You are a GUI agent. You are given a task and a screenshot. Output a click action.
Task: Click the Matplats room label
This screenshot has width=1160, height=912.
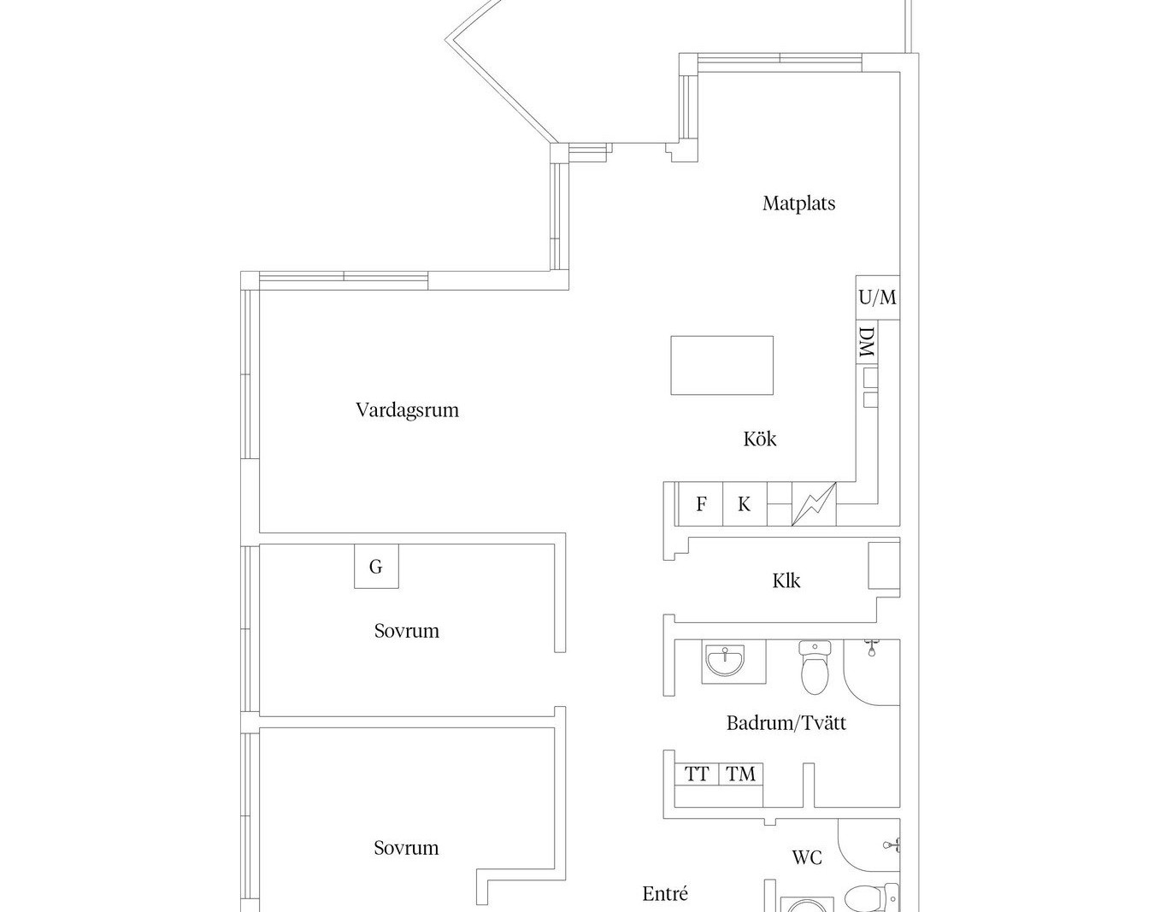tap(798, 203)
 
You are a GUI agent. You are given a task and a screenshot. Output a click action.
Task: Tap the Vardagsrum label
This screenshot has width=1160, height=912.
tap(407, 410)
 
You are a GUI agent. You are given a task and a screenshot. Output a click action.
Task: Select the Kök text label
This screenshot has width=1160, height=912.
tap(759, 439)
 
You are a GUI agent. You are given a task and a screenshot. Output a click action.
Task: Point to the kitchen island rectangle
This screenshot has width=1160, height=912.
tap(721, 365)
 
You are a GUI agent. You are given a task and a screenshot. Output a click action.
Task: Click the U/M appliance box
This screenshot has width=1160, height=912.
tap(877, 297)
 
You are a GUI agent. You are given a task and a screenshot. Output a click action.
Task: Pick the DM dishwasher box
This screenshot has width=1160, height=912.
tap(866, 343)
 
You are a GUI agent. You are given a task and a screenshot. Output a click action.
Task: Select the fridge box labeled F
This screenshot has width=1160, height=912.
tap(700, 504)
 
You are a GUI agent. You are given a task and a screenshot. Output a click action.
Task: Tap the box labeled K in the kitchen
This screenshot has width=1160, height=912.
tap(745, 504)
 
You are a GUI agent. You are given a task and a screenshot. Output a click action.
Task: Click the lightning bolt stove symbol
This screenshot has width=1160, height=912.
tap(814, 504)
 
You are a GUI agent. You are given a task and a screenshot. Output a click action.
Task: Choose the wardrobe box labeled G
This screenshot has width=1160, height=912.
tap(376, 567)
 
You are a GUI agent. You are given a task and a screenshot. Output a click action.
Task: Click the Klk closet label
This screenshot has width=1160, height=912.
tap(786, 581)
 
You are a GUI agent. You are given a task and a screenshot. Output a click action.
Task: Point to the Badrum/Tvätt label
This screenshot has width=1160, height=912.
tap(786, 723)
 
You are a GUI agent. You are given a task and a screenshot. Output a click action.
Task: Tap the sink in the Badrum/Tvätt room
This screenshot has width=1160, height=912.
tap(724, 661)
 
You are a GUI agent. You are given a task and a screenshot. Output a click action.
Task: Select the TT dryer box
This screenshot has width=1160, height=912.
tap(697, 774)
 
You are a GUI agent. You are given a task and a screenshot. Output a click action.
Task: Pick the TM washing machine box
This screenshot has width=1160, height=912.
tap(741, 774)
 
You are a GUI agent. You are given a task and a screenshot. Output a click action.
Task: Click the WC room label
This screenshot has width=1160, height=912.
tap(806, 857)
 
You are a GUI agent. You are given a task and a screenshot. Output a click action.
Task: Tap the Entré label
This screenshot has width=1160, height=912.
tap(665, 894)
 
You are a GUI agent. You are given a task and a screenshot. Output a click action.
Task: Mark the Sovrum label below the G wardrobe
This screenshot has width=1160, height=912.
tap(406, 631)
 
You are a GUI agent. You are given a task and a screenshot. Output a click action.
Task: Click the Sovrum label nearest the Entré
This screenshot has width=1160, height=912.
tap(406, 848)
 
